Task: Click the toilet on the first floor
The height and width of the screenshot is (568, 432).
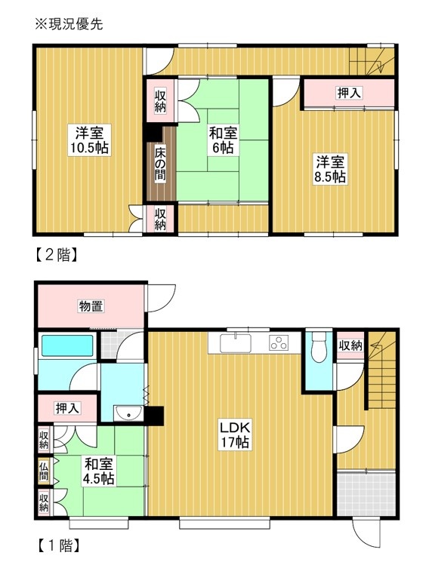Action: (319, 347)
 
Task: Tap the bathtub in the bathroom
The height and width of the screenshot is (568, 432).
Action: (67, 345)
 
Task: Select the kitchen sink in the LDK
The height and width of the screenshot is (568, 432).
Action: (236, 343)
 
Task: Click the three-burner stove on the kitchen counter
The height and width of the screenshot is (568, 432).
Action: (279, 343)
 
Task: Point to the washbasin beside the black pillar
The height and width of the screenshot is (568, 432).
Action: (128, 413)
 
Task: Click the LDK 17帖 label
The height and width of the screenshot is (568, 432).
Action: (235, 434)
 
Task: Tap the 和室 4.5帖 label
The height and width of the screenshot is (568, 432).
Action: (99, 471)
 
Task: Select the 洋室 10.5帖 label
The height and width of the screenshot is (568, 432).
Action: (90, 140)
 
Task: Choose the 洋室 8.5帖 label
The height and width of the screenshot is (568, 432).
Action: (330, 169)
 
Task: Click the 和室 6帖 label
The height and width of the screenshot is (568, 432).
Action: (223, 140)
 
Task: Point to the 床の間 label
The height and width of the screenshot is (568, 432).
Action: (160, 164)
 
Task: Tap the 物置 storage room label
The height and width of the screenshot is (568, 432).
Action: (91, 306)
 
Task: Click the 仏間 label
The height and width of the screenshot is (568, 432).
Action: (44, 471)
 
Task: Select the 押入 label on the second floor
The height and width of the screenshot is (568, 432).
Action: (349, 93)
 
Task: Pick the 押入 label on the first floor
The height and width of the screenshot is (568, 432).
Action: (67, 408)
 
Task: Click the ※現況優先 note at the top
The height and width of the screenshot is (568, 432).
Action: (69, 24)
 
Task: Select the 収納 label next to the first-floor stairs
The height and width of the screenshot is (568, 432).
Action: (350, 345)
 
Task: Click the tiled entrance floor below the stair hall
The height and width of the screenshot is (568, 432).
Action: (366, 494)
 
